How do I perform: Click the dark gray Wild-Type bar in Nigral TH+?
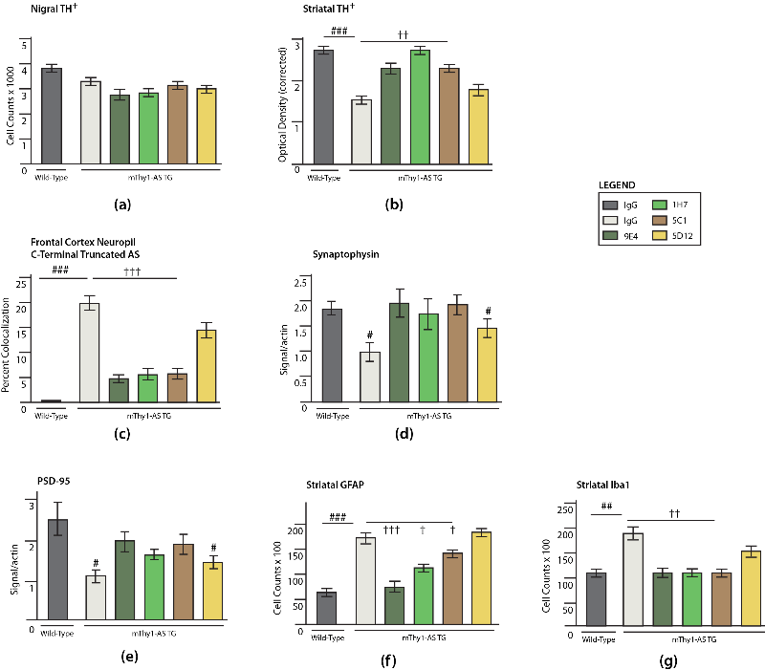pyautogui.click(x=51, y=118)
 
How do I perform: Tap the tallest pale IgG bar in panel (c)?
pyautogui.click(x=89, y=353)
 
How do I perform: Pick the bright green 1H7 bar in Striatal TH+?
pyautogui.click(x=418, y=107)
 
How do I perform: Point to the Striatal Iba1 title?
pyautogui.click(x=603, y=483)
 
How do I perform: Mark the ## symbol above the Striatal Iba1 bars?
pyautogui.click(x=606, y=507)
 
